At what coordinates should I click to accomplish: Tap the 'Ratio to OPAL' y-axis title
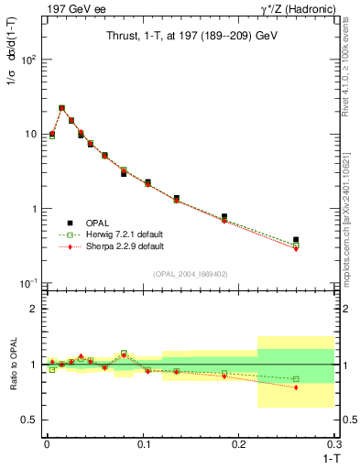[x=13, y=365]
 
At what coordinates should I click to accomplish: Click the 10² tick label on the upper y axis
[x=28, y=60]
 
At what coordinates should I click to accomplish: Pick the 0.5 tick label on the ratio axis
[x=28, y=420]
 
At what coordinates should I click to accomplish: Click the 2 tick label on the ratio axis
[x=33, y=309]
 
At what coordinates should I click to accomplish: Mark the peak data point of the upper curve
[x=61, y=107]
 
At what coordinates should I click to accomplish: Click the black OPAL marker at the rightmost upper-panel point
[x=296, y=240]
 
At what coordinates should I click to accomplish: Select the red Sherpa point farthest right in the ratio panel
[x=296, y=387]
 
